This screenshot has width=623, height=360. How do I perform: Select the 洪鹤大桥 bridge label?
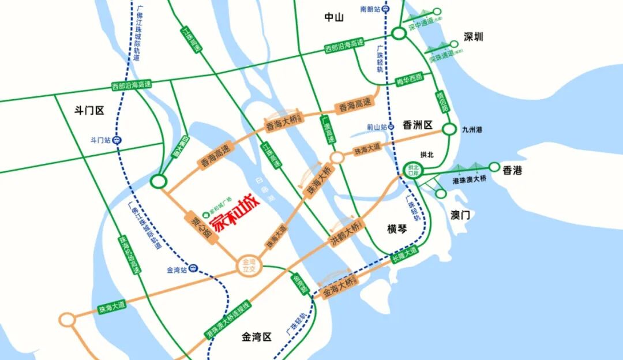(346, 233)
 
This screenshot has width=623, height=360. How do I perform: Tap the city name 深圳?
(474, 37)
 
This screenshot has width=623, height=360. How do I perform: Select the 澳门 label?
(460, 215)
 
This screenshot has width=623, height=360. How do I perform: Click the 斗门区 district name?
(89, 110)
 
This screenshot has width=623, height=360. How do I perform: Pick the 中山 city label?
(334, 17)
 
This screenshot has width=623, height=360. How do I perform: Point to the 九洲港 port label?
(471, 130)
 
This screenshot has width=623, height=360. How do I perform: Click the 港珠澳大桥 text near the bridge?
(470, 180)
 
